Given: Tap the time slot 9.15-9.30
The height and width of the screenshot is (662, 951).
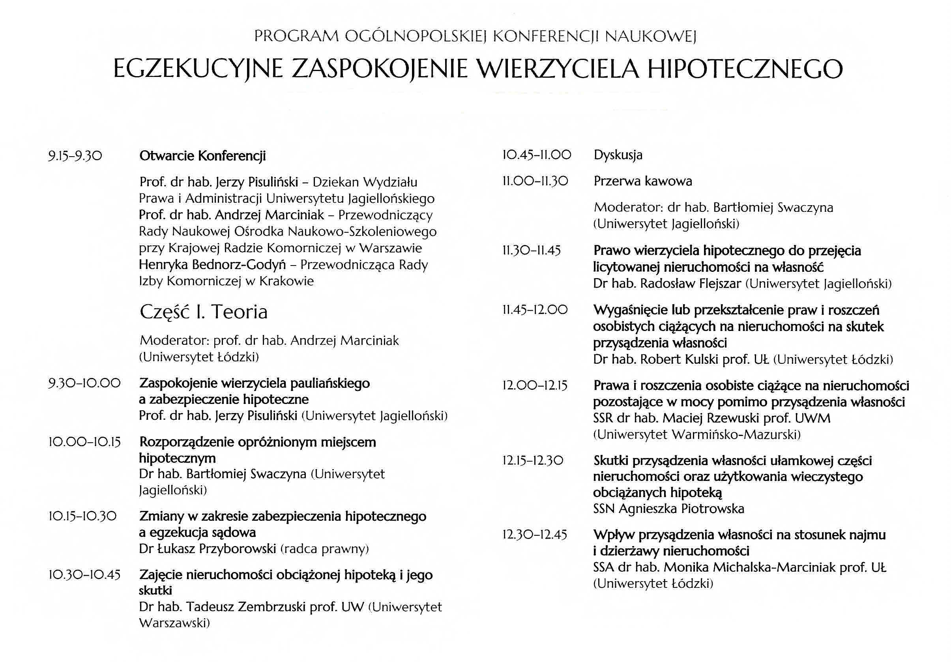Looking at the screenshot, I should coord(75,156).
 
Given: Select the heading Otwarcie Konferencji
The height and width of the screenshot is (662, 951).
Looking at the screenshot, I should coord(202,156).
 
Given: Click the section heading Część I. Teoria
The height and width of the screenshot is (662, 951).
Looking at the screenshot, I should coord(203,312).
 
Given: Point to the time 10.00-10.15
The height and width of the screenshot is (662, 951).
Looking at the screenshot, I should coord(84,442).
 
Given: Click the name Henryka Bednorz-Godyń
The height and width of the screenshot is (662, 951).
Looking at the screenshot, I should coord(216,265).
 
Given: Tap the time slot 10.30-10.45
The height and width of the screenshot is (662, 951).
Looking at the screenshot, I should coord(84,575).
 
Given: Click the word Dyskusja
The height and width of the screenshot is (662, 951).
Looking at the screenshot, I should coord(618,155).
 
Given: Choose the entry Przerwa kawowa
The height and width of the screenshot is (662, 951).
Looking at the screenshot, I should coord(642,181).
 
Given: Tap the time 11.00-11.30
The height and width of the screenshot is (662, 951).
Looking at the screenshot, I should coord(535,181).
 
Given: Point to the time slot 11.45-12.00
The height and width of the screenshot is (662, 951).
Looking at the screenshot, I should coord(535,310).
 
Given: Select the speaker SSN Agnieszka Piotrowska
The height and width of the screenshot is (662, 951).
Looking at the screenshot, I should coord(668,509).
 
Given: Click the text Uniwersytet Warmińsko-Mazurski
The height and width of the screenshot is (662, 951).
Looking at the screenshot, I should coord(697,434).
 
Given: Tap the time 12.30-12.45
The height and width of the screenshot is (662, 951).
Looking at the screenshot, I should coord(534,535).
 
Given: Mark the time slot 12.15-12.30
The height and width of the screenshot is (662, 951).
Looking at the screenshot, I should coord(533,460).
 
